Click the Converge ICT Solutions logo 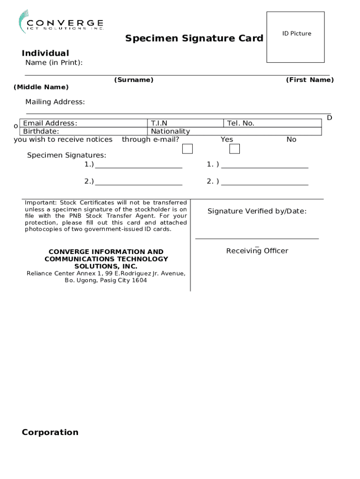point(61,22)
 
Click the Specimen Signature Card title point(194,38)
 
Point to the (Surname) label point(134,80)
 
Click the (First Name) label point(310,80)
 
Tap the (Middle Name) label point(41,87)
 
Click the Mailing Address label point(55,102)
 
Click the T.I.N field point(186,123)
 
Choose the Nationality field point(234,131)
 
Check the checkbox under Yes point(187,149)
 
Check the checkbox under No point(235,149)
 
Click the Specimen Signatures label point(66,155)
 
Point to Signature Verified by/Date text point(257,211)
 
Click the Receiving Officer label point(257,251)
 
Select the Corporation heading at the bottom point(50,432)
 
